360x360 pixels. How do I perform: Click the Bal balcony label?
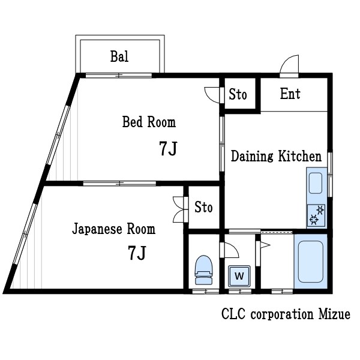coord(119,57)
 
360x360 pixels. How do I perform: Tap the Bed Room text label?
coord(149,122)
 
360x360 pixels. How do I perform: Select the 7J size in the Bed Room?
coord(168,149)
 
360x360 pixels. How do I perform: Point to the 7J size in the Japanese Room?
coord(137,254)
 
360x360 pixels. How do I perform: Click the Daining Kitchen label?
coord(276,157)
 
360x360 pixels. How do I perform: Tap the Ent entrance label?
coord(290,94)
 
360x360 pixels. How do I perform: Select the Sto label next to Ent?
coord(238,95)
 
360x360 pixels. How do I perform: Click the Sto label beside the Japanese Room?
coord(203,207)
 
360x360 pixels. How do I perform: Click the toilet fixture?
coord(203,269)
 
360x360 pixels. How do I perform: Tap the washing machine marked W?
coord(239,276)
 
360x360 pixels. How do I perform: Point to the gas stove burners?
coord(316,215)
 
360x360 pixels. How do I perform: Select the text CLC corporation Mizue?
coord(286,314)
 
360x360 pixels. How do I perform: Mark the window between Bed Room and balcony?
coord(118,75)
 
